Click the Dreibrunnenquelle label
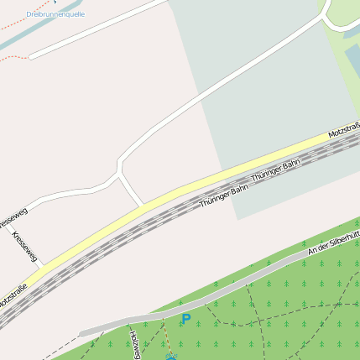tap(55, 14)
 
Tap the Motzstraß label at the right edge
tap(344, 130)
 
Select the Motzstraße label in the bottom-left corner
tap(12, 295)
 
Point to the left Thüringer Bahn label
tap(224, 196)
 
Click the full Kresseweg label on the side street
tap(25, 244)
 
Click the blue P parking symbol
tap(185, 319)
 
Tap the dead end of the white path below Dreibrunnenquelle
tap(30, 57)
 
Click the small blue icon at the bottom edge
tap(171, 357)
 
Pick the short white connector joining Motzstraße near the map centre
tap(131, 190)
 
